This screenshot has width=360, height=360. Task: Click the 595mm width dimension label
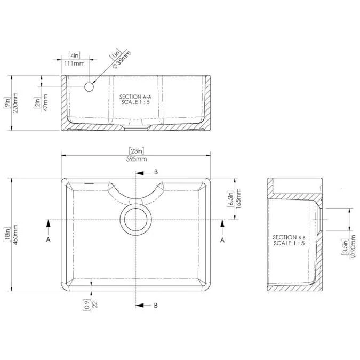pos(137,159)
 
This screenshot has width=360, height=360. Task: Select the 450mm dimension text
pos(15,235)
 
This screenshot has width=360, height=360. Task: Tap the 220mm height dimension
pos(15,103)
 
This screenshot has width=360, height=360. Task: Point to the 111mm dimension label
pos(74,63)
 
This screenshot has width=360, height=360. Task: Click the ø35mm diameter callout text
pos(122,60)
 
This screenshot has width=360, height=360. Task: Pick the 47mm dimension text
pos(45,102)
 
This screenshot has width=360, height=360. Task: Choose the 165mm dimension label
pos(238,198)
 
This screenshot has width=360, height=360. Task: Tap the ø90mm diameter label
pos(354,246)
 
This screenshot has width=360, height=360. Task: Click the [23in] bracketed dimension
pos(137,151)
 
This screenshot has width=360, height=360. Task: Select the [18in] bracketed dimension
pos(7,235)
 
